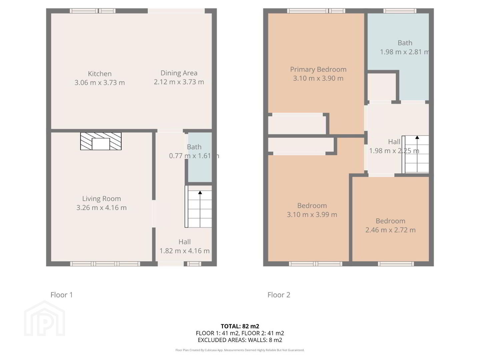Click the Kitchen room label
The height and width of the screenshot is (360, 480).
point(100,74)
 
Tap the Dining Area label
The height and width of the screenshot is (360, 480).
point(179,73)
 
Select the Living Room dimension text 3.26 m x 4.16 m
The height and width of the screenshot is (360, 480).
point(101,207)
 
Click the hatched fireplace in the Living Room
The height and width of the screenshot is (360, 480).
point(101,141)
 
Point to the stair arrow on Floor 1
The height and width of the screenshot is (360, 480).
point(200,209)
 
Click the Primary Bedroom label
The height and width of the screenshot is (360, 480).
point(318,69)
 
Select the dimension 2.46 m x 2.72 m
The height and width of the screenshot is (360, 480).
point(390,230)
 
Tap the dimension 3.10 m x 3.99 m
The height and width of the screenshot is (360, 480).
point(312,215)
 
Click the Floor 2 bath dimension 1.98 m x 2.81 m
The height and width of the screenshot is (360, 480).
point(404,52)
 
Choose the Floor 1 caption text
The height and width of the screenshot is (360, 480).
point(61,295)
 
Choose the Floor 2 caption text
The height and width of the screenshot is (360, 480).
point(279,295)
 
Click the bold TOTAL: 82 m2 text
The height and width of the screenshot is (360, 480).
point(240,326)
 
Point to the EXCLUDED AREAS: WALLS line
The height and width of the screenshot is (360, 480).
point(240,340)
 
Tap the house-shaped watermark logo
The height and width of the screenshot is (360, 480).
point(45,318)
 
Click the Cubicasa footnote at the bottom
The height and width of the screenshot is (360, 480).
point(240,350)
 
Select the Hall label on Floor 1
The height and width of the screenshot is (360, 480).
point(185,242)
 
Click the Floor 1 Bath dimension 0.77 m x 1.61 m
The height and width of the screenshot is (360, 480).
point(194,156)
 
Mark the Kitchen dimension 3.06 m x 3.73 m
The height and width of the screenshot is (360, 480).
point(100,83)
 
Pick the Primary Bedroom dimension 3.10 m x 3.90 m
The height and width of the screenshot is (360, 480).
point(318,78)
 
